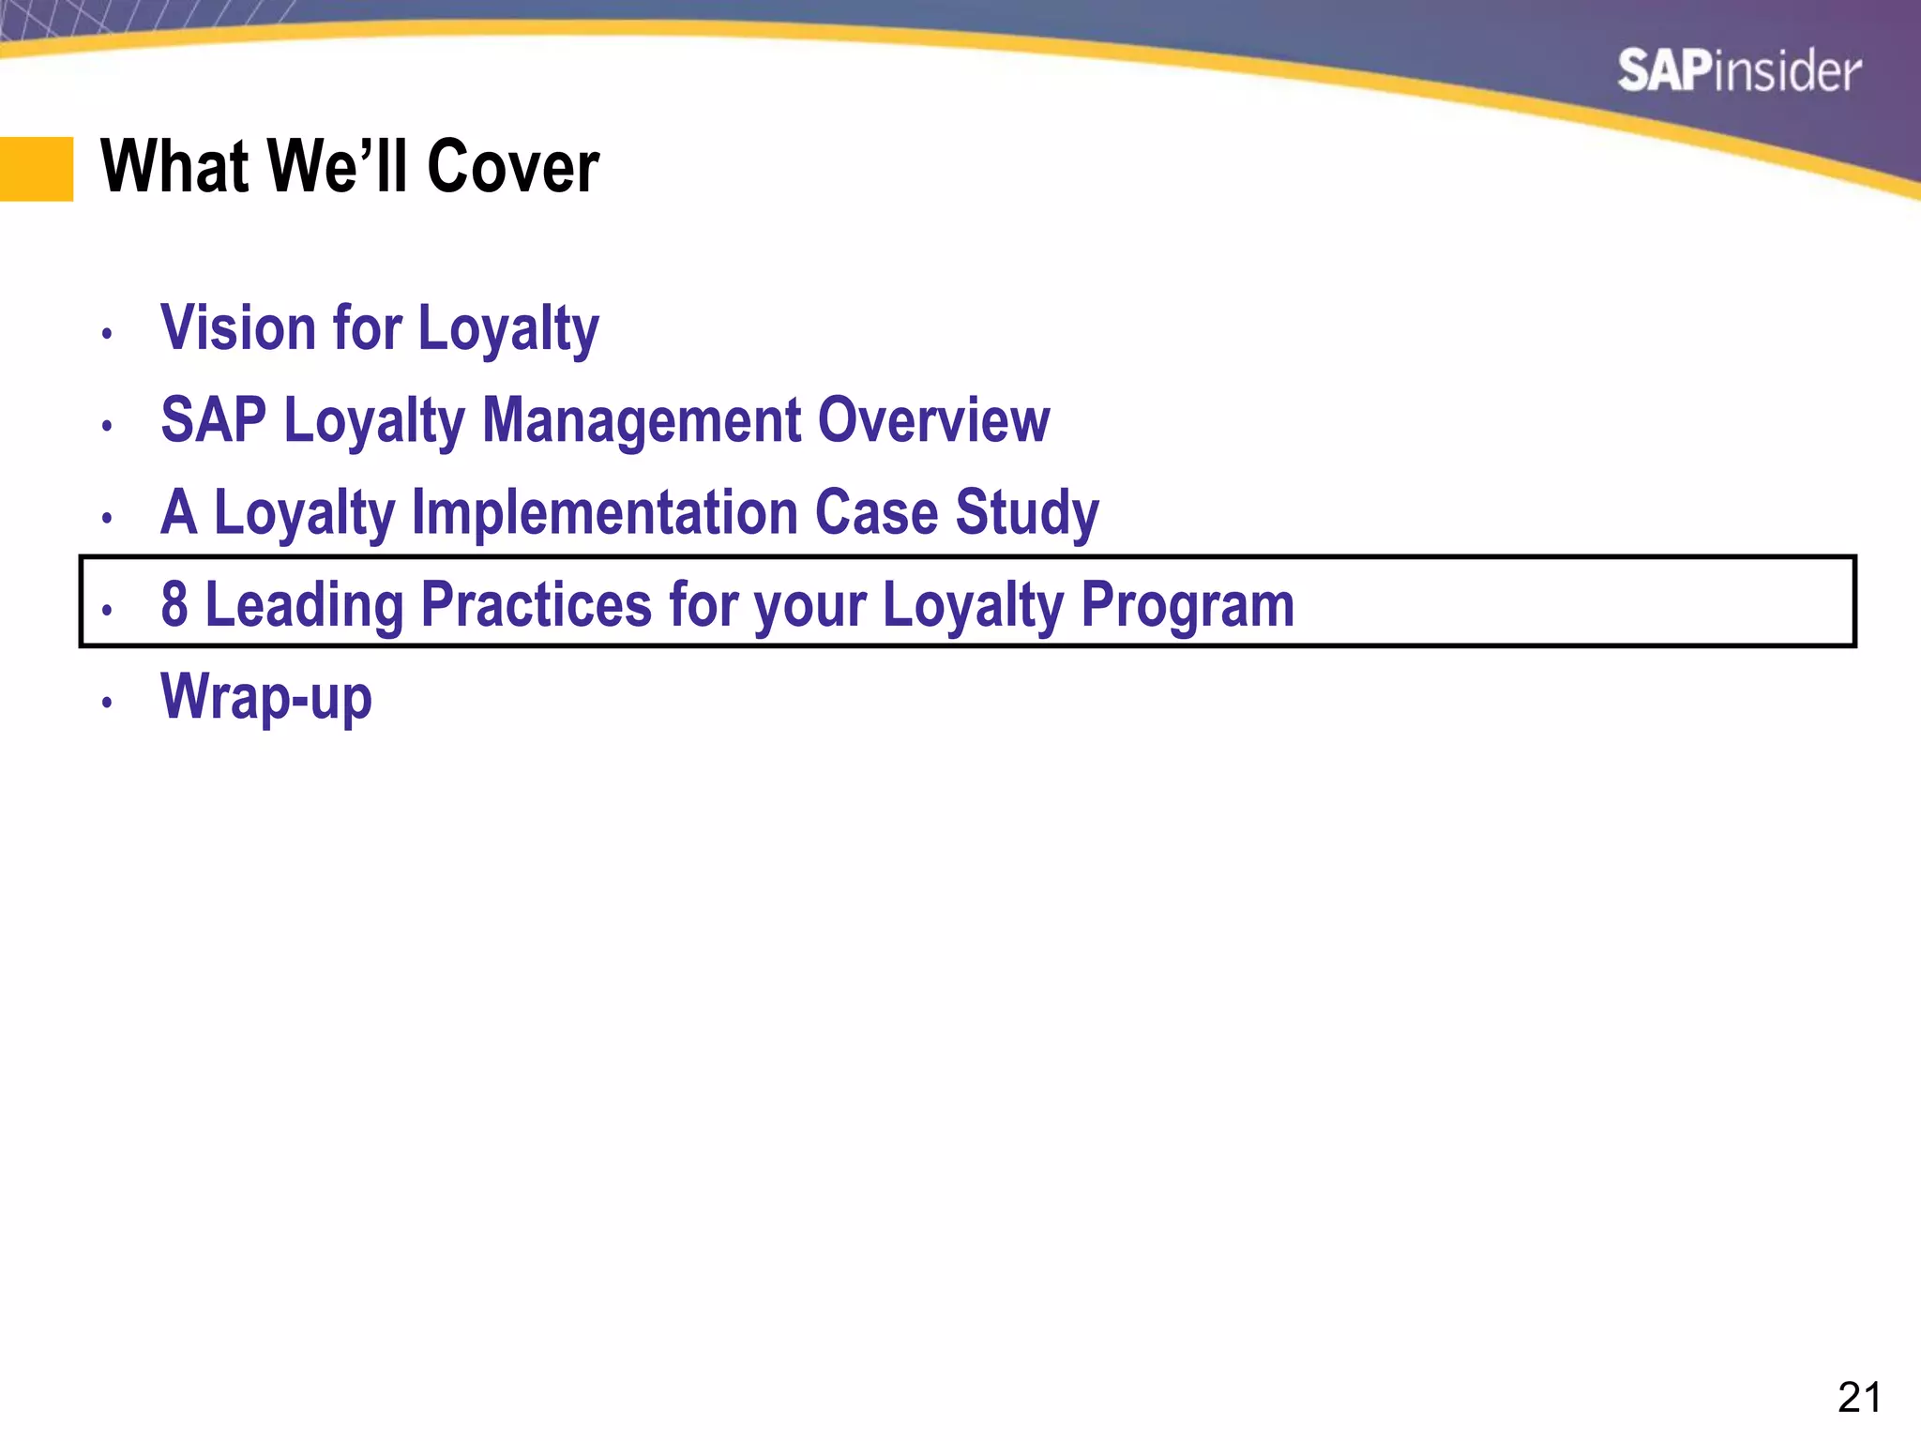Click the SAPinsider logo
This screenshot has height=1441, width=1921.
(x=1738, y=71)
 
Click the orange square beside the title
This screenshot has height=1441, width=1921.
(x=37, y=169)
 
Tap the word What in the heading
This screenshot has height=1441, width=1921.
(x=174, y=167)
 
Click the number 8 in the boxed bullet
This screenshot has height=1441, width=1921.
(x=174, y=604)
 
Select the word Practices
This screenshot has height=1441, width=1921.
(x=536, y=604)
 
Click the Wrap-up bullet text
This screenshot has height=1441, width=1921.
(x=266, y=697)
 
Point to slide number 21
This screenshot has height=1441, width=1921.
(x=1858, y=1398)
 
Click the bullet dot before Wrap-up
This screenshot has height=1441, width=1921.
(x=108, y=702)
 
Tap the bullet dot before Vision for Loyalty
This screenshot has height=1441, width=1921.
(x=108, y=333)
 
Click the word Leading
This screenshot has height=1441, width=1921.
(x=304, y=604)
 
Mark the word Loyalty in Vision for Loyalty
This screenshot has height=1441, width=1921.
(x=507, y=329)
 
